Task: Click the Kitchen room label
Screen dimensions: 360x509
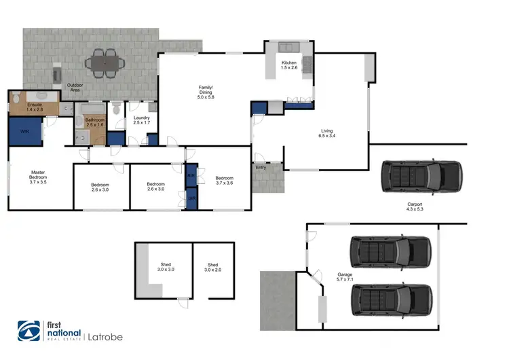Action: pyautogui.click(x=290, y=66)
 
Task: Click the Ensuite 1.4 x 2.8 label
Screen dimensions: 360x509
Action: pyautogui.click(x=35, y=107)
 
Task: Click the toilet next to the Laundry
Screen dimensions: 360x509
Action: pyautogui.click(x=117, y=108)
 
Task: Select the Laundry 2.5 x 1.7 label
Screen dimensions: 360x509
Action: pyautogui.click(x=141, y=121)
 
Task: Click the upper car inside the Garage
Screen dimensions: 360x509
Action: pyautogui.click(x=390, y=253)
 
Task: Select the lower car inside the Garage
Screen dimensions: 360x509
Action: pyautogui.click(x=391, y=298)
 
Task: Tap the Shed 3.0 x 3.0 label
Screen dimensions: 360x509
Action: pyautogui.click(x=166, y=267)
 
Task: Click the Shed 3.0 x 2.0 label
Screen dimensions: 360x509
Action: pyautogui.click(x=212, y=267)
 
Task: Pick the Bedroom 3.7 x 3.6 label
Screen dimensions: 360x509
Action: pyautogui.click(x=224, y=180)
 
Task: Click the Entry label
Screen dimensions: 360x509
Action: pyautogui.click(x=261, y=166)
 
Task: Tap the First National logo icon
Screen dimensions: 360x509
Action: pyautogui.click(x=29, y=333)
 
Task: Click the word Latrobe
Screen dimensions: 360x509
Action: pyautogui.click(x=105, y=336)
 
